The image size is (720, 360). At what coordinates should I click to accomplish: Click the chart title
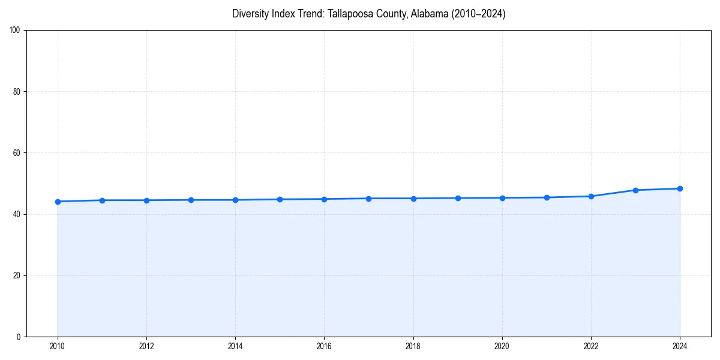368,14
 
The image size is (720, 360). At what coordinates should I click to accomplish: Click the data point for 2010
58,202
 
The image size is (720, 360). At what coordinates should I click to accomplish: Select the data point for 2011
102,200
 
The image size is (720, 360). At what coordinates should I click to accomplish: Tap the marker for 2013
191,200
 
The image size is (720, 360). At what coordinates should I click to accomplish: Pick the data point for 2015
280,199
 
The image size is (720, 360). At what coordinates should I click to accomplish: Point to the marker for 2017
368,199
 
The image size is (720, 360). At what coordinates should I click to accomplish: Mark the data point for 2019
458,198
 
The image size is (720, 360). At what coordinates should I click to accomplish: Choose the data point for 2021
547,197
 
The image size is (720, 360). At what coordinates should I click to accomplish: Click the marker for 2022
591,196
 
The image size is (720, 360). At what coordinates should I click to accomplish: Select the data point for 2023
635,190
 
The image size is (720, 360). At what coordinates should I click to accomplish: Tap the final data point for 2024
680,188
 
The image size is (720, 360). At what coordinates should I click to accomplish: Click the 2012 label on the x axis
146,346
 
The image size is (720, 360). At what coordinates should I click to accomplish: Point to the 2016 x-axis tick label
324,346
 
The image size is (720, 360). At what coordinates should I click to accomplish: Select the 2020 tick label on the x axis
502,346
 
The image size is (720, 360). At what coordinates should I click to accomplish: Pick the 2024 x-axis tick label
680,346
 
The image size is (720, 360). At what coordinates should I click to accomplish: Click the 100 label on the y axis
15,31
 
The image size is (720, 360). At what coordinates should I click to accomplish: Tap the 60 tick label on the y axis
17,153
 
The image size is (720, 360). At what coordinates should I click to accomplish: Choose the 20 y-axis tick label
17,275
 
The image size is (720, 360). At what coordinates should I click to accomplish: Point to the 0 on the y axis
19,337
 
